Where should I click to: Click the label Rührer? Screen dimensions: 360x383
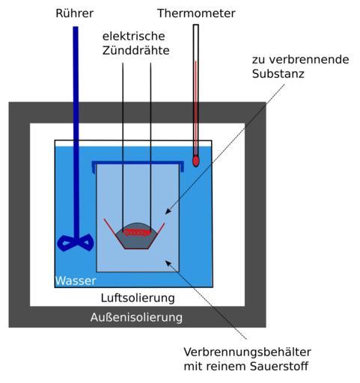(75, 13)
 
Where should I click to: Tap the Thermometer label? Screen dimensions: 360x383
(196, 13)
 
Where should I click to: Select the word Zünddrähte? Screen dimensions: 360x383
(136, 50)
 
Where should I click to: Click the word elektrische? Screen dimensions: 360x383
(134, 36)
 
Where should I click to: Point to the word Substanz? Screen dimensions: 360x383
(278, 74)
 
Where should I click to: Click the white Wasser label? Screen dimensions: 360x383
(76, 281)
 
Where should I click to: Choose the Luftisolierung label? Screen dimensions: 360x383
(138, 298)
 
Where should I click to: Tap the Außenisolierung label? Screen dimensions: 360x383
(136, 317)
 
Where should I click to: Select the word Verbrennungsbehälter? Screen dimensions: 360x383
(247, 352)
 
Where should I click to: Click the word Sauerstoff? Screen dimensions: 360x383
(279, 367)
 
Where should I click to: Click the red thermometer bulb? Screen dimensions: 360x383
(196, 161)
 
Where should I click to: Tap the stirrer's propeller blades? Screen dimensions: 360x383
(76, 242)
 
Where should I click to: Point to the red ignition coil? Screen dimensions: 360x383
(137, 233)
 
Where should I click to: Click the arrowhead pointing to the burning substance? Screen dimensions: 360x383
(168, 211)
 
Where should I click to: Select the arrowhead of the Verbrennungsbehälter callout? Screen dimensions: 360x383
(168, 263)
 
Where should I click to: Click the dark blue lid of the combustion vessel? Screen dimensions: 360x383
(138, 164)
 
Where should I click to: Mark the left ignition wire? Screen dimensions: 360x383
(123, 144)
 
